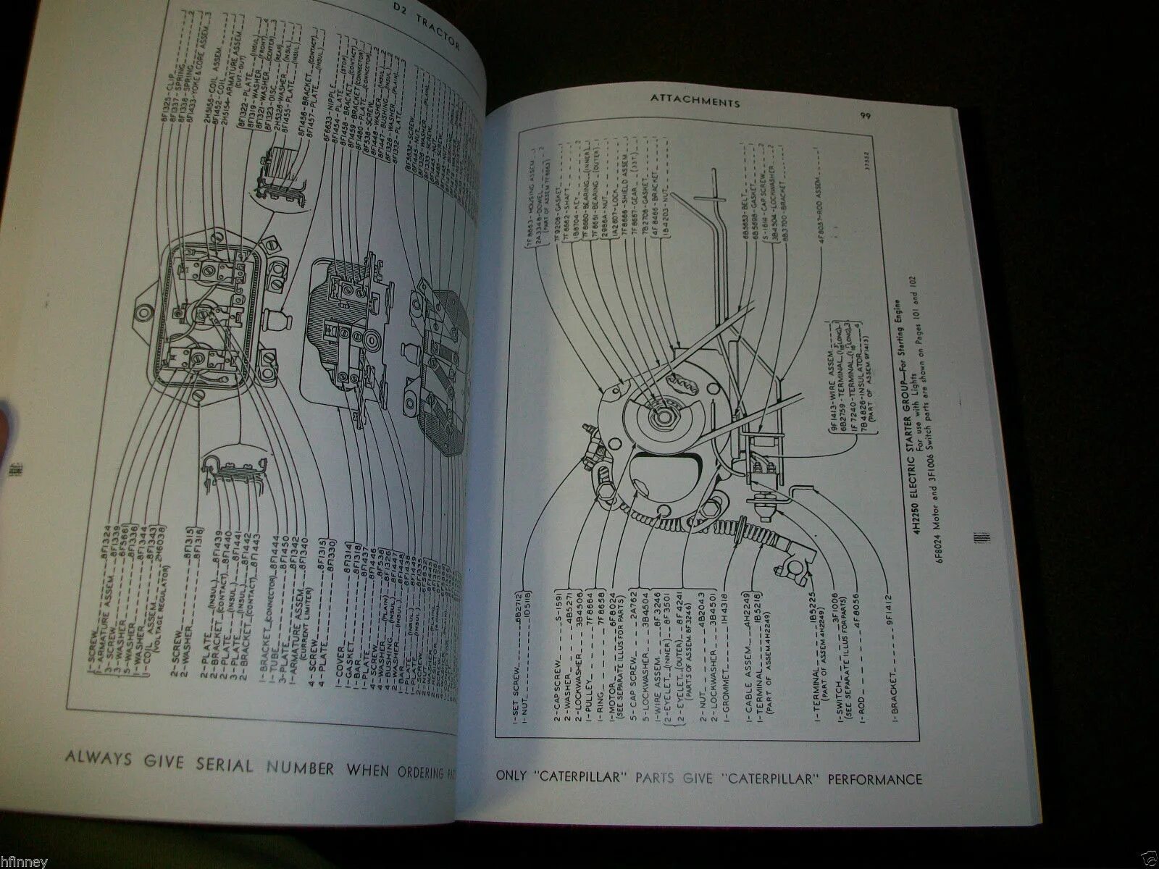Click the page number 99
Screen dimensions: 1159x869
click(865, 116)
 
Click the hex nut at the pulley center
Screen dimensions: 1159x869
click(662, 415)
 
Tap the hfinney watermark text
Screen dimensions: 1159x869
click(25, 862)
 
